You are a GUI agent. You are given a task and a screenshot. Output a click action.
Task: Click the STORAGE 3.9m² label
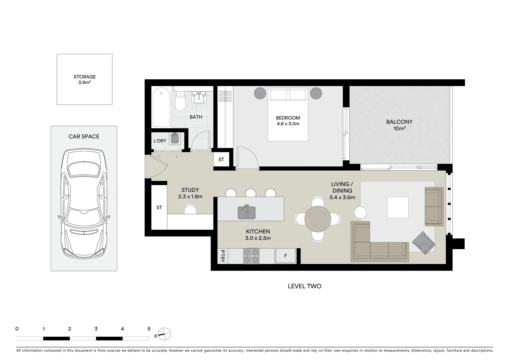pos(84,79)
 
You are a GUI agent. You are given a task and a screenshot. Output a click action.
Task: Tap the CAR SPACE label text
pos(84,136)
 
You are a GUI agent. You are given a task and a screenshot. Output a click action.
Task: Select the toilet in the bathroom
pos(180,101)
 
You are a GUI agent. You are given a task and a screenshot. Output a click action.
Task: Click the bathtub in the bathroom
pos(161,107)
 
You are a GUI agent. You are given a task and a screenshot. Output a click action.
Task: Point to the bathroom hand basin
pos(199,97)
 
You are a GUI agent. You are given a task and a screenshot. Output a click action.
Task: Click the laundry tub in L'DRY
pos(175,138)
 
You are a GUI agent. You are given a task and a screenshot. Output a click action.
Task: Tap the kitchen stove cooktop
pos(251,256)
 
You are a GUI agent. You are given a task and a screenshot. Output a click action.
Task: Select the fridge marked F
pos(286,256)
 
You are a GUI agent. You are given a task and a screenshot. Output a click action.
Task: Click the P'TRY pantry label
pos(223,256)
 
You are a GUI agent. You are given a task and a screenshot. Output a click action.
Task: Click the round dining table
pos(318,219)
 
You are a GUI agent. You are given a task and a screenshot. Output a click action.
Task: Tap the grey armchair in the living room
pos(424,243)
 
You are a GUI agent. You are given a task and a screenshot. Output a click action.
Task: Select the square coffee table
pos(398,207)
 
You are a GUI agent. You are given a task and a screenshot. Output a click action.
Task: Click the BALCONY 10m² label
pos(399,125)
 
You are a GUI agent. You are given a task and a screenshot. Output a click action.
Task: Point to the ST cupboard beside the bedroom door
pos(221,159)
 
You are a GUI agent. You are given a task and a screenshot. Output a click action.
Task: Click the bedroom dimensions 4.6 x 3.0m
pos(288,124)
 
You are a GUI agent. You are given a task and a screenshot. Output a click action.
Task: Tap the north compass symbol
pos(164,334)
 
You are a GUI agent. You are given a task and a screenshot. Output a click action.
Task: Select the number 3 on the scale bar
pos(96,329)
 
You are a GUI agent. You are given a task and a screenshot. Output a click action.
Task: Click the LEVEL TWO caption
pos(305,286)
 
